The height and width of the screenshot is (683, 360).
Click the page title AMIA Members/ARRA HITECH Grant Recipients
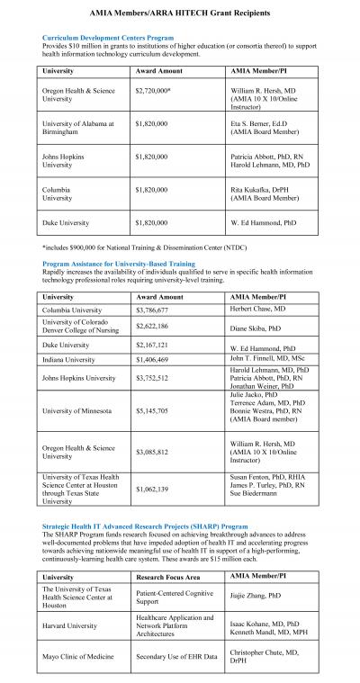(179, 15)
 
